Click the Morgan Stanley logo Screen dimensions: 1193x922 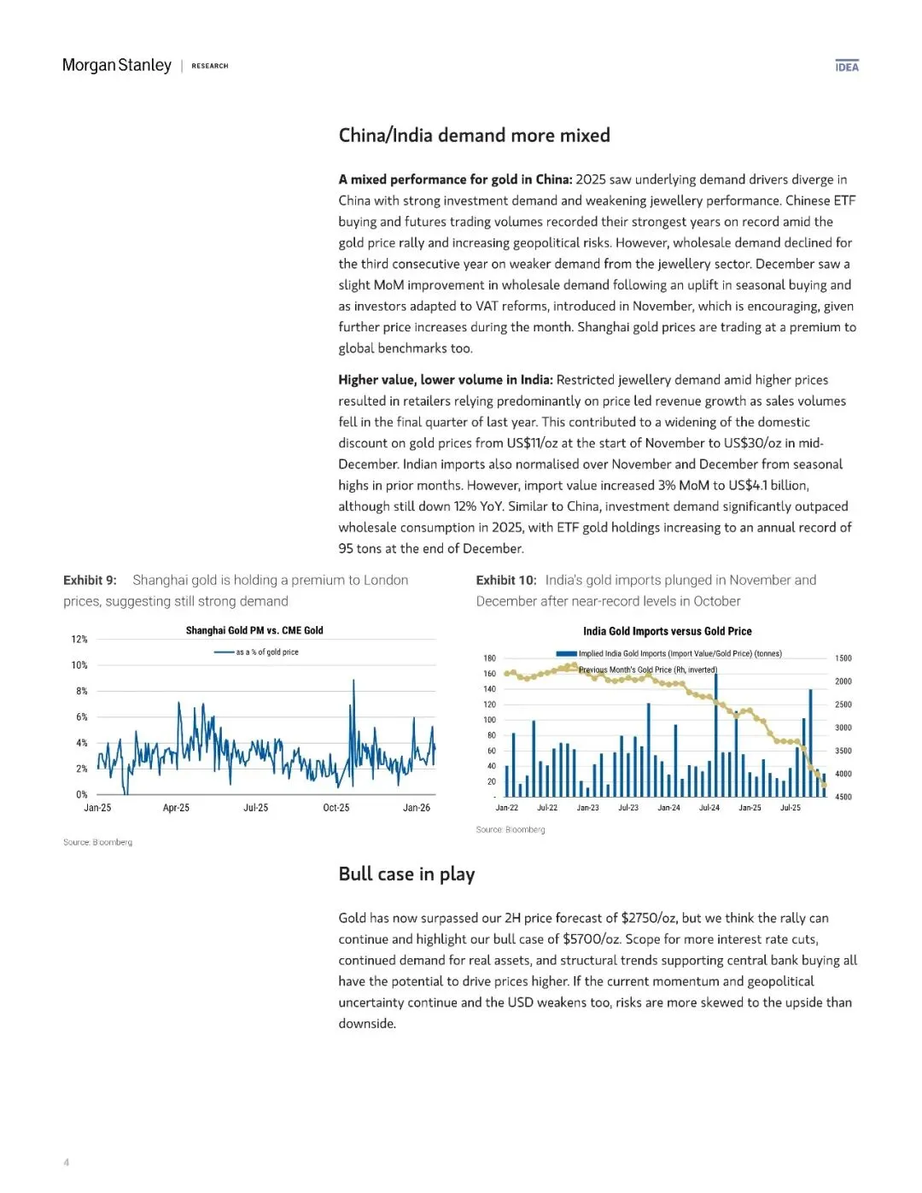pos(117,66)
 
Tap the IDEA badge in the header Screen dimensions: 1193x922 pos(847,67)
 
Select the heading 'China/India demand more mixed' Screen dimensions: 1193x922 pos(474,136)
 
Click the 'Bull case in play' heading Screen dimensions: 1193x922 pos(406,874)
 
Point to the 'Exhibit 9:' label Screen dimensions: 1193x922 pos(90,581)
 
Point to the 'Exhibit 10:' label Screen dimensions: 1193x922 pos(506,581)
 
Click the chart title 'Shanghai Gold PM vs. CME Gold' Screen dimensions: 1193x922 pos(254,631)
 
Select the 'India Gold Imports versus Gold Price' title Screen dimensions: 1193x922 pos(667,632)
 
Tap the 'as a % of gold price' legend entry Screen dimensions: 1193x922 pos(266,652)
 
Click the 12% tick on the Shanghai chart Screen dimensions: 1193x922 pos(79,640)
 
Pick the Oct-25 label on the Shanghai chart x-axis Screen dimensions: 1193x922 pos(336,808)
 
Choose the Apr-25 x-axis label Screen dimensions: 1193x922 pos(176,808)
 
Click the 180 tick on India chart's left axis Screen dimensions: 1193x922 pos(489,658)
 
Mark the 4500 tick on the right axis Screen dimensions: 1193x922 pos(843,797)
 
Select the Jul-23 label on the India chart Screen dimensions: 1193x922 pos(628,808)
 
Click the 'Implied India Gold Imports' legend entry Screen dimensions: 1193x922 pos(680,654)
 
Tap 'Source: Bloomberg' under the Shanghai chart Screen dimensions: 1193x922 pos(97,843)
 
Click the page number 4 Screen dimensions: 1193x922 pos(67,1162)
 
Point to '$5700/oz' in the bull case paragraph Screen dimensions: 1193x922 pos(591,939)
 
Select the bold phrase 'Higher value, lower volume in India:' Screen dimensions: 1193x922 pos(446,380)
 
